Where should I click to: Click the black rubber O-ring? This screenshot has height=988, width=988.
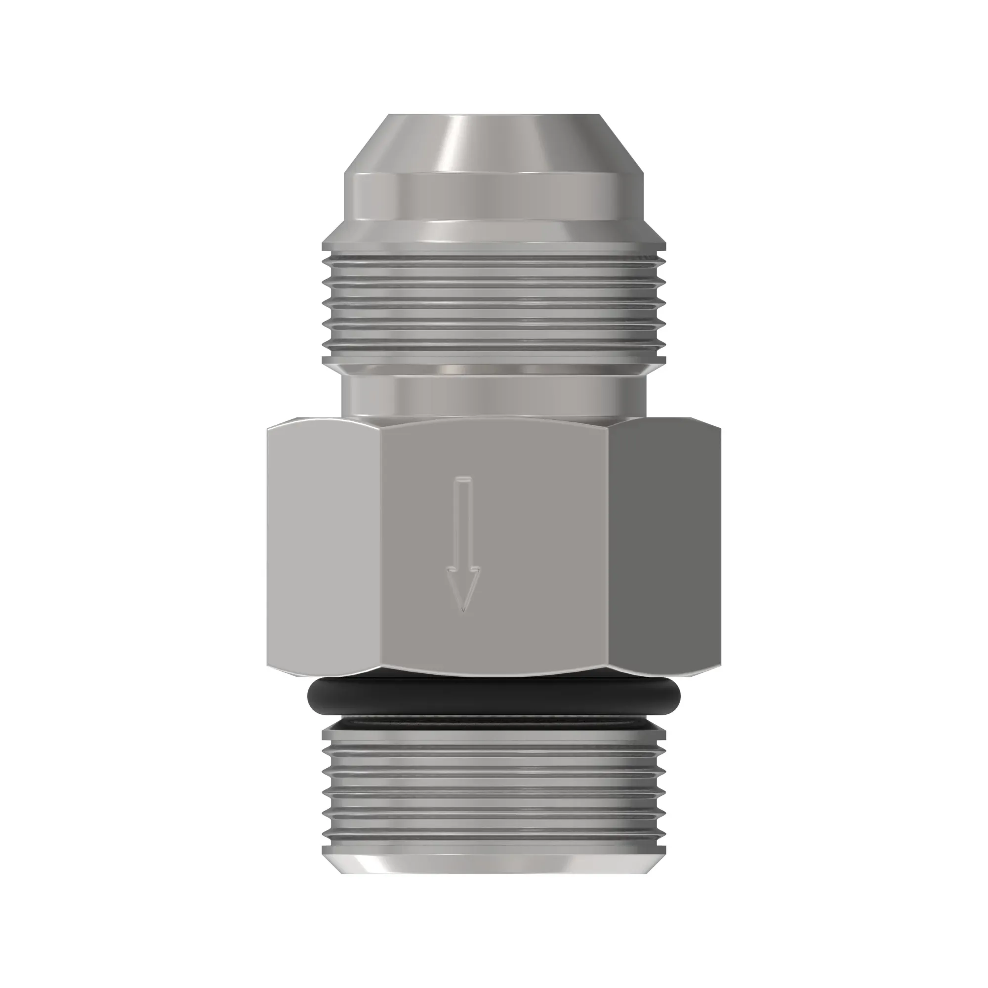(x=494, y=696)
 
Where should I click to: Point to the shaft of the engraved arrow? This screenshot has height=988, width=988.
(x=463, y=522)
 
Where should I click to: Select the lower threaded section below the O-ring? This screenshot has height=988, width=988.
(x=494, y=782)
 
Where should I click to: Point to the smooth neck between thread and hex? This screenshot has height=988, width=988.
(x=494, y=396)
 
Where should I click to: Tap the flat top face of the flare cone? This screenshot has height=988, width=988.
(x=494, y=116)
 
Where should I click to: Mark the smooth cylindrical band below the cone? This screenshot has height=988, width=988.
(x=494, y=197)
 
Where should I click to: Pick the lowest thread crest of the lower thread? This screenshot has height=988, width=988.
(x=494, y=836)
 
